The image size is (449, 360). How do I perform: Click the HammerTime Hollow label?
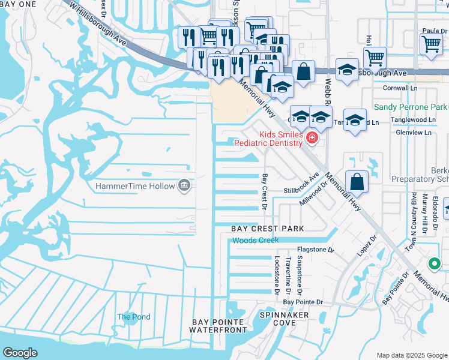click(135, 186)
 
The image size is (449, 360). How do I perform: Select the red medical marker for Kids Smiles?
click(312, 139)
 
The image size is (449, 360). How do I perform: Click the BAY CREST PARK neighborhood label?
click(268, 229)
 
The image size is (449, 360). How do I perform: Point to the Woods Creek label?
click(256, 241)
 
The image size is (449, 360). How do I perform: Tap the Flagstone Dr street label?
click(315, 250)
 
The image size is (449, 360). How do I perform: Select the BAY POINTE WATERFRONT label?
click(219, 326)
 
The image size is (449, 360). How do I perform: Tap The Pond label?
click(133, 317)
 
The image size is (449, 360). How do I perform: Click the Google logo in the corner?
click(20, 353)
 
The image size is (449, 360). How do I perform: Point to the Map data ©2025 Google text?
click(411, 355)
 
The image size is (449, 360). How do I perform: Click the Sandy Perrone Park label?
click(410, 107)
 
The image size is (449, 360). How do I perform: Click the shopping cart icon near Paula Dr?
click(431, 44)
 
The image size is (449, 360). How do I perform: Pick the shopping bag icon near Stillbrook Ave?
click(357, 181)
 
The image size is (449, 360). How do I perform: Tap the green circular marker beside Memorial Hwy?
click(435, 263)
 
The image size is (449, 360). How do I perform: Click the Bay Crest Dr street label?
click(264, 192)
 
